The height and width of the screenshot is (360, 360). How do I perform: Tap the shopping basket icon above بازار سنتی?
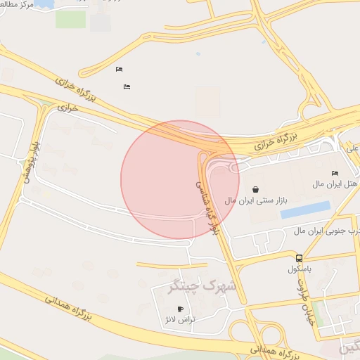pyautogui.click(x=255, y=189)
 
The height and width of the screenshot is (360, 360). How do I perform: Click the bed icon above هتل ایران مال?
pyautogui.click(x=335, y=174)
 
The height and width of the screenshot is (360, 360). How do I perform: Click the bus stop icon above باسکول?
pyautogui.click(x=300, y=258)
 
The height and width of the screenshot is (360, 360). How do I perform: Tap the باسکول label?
pyautogui.click(x=300, y=269)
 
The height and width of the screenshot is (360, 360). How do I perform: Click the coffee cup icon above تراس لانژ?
pyautogui.click(x=181, y=309)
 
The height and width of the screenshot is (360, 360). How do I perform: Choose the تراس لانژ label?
pyautogui.click(x=180, y=320)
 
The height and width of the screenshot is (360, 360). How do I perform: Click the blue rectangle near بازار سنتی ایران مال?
pyautogui.click(x=306, y=210)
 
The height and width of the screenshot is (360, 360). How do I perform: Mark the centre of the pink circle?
pyautogui.click(x=180, y=179)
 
